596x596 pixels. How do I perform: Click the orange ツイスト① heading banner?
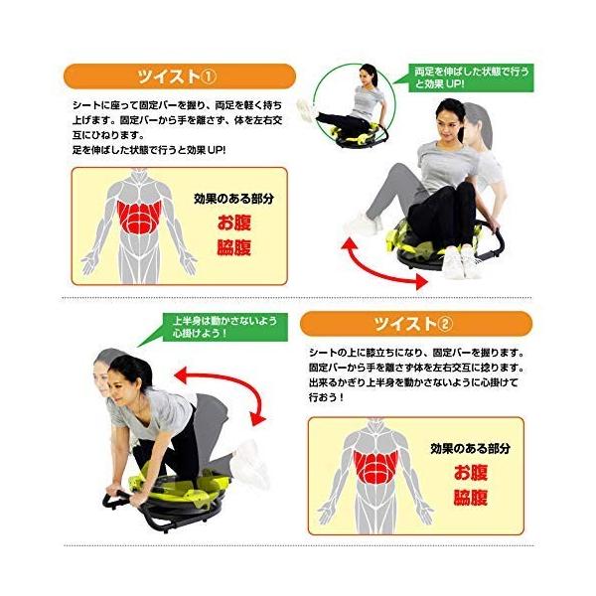[180, 76]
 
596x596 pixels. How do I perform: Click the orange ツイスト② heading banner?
[416, 324]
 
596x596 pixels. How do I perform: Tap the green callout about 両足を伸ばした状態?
[471, 77]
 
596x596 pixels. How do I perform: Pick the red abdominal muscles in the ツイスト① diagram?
[139, 217]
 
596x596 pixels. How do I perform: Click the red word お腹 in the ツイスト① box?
[234, 223]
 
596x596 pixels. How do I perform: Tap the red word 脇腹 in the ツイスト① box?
[234, 247]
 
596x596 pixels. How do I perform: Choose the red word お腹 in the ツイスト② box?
[471, 473]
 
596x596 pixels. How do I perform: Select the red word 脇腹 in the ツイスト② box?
[471, 498]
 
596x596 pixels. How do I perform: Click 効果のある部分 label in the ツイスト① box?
[233, 199]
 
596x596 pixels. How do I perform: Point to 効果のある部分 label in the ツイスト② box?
[470, 448]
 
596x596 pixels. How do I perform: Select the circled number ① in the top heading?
[208, 77]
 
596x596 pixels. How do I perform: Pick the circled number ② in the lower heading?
[445, 324]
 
